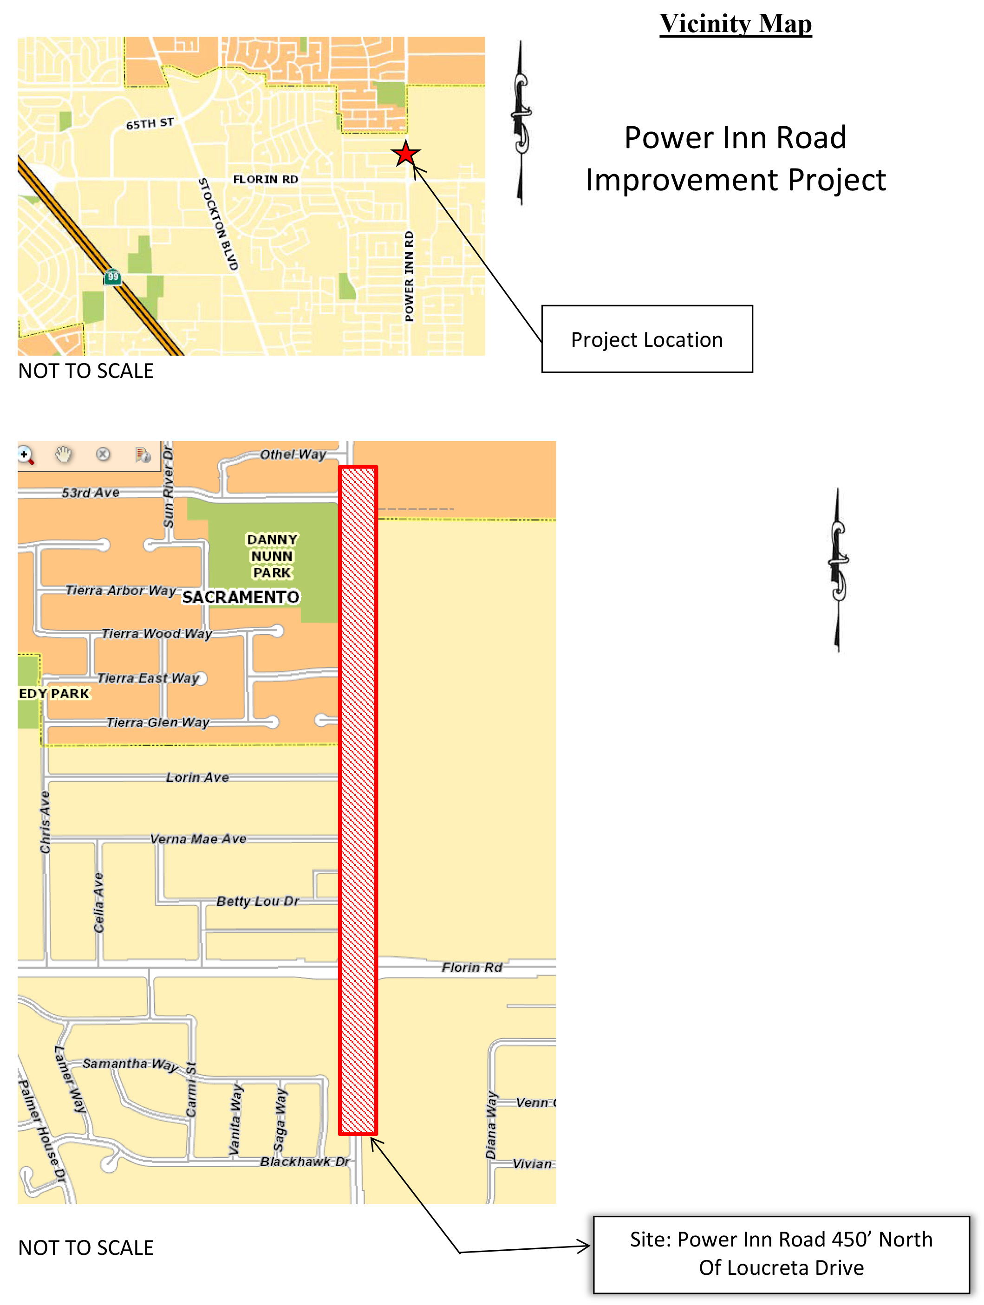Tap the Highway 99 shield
click(113, 276)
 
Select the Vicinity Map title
click(735, 24)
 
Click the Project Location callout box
click(646, 339)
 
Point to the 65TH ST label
click(150, 123)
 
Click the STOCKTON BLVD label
click(218, 224)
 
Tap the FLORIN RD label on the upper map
click(265, 179)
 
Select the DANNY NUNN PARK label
click(272, 556)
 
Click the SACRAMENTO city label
click(240, 597)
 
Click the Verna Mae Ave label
click(198, 838)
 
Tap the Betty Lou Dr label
click(257, 901)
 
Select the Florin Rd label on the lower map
click(472, 967)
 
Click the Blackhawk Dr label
click(305, 1161)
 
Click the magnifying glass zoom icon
click(26, 455)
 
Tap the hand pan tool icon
click(63, 454)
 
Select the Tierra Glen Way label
click(157, 722)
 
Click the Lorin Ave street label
click(197, 777)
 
